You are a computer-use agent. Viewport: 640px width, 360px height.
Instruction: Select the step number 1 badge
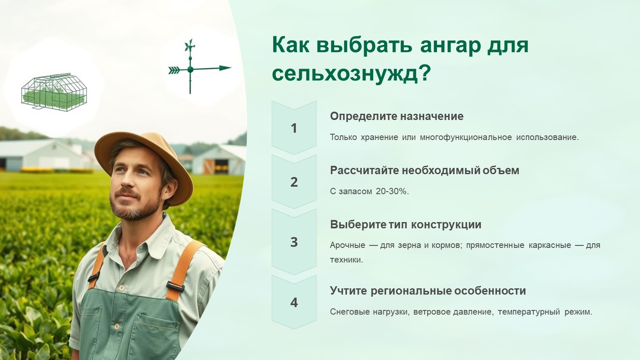coord(294,128)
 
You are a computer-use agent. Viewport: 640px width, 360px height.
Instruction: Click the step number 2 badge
coord(294,182)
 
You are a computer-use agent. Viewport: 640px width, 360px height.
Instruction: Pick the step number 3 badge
coord(294,242)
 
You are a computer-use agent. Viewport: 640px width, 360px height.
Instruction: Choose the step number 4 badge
coord(294,302)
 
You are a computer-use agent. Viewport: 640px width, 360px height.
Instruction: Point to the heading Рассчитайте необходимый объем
coord(425,170)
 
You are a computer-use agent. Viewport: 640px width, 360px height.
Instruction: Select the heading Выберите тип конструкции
coord(406,225)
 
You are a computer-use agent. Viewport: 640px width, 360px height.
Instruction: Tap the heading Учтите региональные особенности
coord(428,291)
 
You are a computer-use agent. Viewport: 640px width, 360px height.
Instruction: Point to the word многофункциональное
coord(466,137)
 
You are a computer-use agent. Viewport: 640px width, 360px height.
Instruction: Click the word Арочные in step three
coord(347,245)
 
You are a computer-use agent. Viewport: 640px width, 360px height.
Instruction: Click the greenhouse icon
coord(54,92)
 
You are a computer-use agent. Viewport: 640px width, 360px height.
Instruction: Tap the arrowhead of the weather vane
coord(225,68)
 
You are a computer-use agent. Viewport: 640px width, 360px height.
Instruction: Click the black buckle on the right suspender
coord(175,286)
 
